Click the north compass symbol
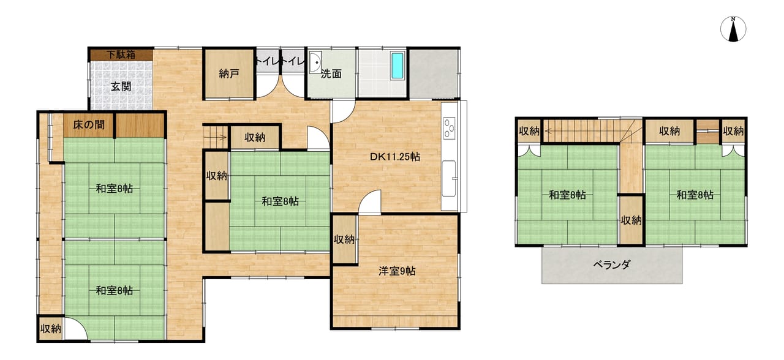click(733, 29)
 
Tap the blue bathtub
click(398, 66)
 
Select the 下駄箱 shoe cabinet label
click(121, 54)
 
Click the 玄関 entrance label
click(121, 86)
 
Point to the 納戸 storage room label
click(229, 74)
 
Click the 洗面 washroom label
click(331, 74)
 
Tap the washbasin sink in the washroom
click(315, 62)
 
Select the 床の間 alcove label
click(89, 125)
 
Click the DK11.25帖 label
click(395, 157)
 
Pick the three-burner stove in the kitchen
click(450, 128)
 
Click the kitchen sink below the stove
click(450, 178)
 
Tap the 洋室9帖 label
click(397, 271)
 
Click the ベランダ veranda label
click(611, 265)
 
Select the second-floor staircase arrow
click(581, 132)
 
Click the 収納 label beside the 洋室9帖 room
click(344, 239)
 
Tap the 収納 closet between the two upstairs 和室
click(631, 220)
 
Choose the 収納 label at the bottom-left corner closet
click(51, 329)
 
